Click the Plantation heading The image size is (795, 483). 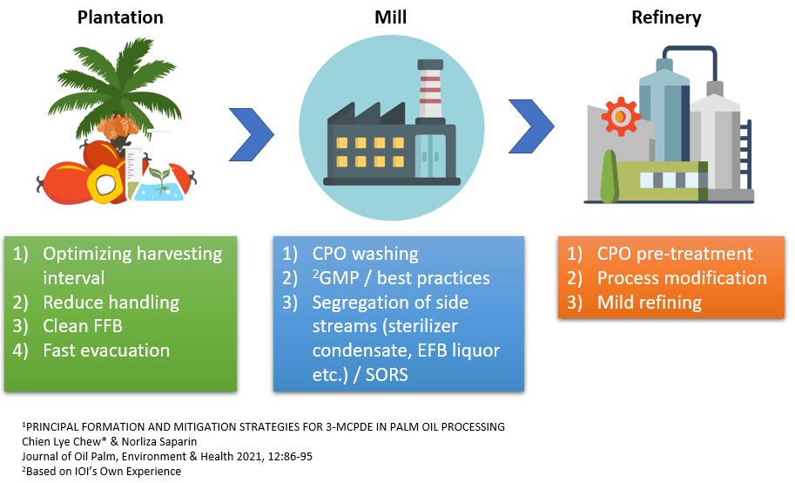pos(120,17)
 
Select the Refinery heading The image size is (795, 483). pos(667,17)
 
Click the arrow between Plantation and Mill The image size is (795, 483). pos(252,133)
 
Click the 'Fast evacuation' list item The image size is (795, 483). pos(106,350)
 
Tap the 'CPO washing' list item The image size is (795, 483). pos(366,255)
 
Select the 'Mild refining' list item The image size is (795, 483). pos(649,303)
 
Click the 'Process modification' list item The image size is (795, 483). pos(682,278)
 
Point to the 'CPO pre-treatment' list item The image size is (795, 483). pos(675,255)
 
